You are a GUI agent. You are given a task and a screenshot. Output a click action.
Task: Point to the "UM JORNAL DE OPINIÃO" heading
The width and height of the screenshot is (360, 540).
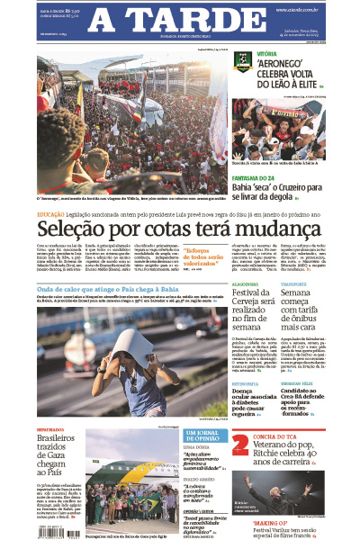(202, 437)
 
